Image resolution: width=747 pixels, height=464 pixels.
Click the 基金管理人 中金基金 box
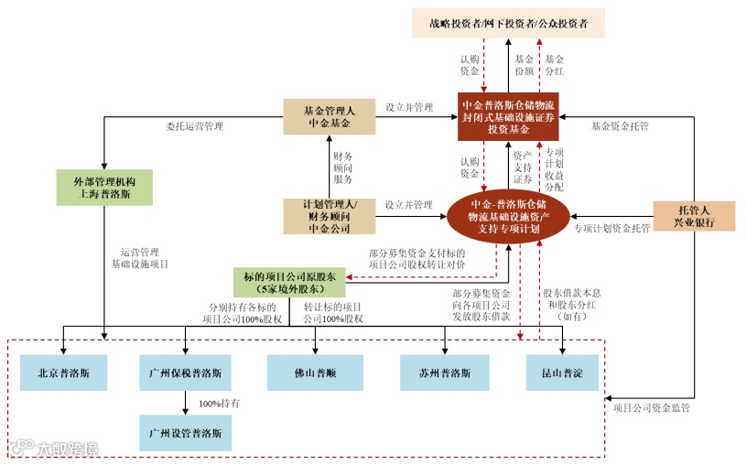(329, 116)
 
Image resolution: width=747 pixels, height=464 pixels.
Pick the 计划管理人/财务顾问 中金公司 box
(328, 215)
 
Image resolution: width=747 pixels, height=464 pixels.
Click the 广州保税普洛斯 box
(185, 373)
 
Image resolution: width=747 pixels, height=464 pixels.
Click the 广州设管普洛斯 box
(185, 430)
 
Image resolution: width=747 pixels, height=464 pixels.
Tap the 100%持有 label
(219, 403)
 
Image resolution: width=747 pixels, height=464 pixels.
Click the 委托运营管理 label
(194, 125)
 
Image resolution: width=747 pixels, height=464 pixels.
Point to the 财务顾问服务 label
(342, 167)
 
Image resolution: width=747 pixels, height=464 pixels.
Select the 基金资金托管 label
(620, 125)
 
